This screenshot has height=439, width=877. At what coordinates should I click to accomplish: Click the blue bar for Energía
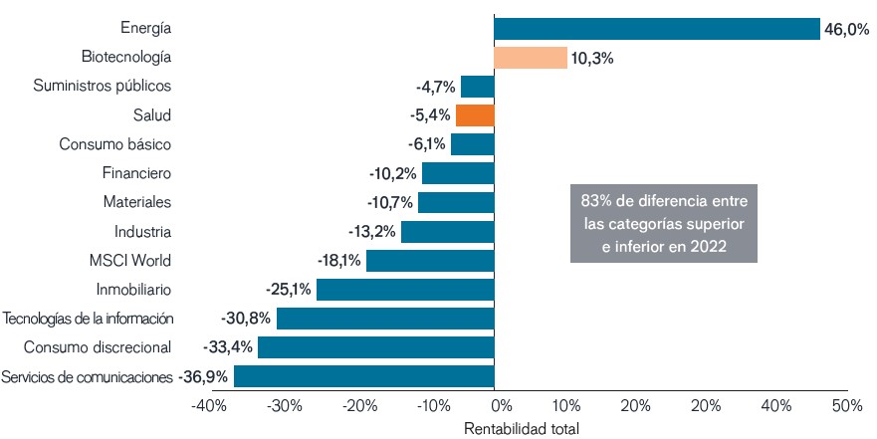(x=657, y=29)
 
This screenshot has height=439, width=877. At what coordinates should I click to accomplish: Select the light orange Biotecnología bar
(x=531, y=58)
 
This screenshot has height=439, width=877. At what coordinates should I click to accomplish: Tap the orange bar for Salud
(x=475, y=115)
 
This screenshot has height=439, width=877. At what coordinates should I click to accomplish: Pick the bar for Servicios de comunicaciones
(x=364, y=377)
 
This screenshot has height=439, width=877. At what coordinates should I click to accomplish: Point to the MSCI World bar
(x=430, y=261)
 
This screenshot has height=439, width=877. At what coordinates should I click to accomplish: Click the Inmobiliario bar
(x=405, y=290)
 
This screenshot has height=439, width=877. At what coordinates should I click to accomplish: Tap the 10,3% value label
(x=592, y=59)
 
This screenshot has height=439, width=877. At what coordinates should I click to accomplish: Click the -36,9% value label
(x=203, y=377)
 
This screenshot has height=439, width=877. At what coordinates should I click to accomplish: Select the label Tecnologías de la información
(x=90, y=319)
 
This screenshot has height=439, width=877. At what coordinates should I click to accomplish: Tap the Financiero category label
(x=137, y=173)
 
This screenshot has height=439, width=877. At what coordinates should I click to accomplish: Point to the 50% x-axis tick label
(x=847, y=406)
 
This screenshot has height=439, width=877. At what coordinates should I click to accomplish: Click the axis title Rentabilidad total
(x=522, y=428)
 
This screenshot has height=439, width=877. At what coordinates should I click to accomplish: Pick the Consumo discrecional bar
(x=376, y=347)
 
